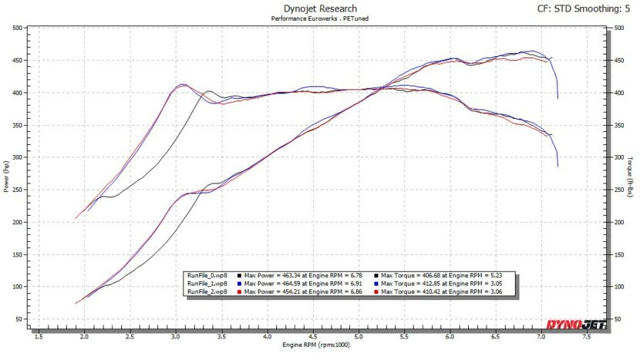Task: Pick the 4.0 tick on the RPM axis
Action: tap(266, 337)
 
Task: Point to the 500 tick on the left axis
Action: tap(16, 28)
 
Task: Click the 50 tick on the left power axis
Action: tap(18, 319)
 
